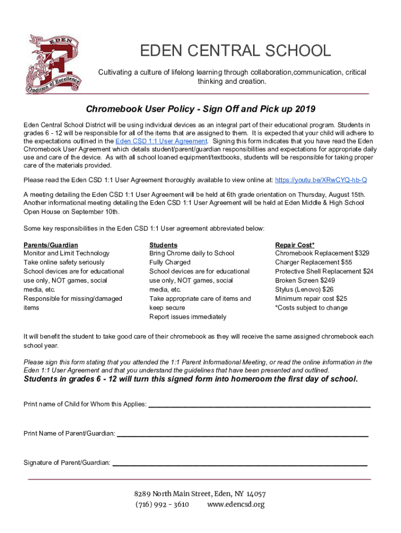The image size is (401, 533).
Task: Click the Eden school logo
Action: [54, 64]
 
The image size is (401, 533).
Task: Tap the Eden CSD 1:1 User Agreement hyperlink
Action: [161, 141]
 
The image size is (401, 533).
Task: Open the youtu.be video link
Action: [321, 180]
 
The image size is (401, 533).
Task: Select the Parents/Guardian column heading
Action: [51, 245]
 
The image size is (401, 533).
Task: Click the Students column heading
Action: [164, 245]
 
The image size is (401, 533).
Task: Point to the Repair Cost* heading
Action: [295, 245]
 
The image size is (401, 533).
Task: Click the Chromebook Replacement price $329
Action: [360, 253]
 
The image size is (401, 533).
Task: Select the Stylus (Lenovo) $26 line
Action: [304, 289]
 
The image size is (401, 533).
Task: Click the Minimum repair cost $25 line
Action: [310, 299]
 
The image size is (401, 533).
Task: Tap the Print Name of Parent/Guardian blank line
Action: [242, 434]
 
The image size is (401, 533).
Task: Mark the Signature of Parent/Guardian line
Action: [240, 463]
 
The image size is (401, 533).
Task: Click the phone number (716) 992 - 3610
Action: [162, 504]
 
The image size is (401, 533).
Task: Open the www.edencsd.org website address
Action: [236, 504]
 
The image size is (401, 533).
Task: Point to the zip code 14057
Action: [256, 494]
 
